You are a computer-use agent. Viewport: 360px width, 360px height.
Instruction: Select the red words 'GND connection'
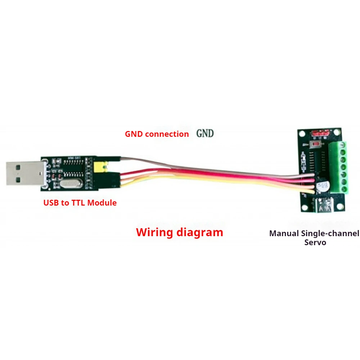pyautogui.click(x=157, y=134)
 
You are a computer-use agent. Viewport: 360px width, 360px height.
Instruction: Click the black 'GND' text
pyautogui.click(x=205, y=134)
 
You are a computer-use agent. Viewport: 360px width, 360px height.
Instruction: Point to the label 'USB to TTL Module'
pyautogui.click(x=80, y=203)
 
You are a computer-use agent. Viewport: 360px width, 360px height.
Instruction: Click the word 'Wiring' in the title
pyautogui.click(x=154, y=232)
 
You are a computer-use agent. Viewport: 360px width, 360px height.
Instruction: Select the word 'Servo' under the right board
pyautogui.click(x=315, y=242)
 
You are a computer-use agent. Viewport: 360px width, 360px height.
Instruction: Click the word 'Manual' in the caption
pyautogui.click(x=284, y=234)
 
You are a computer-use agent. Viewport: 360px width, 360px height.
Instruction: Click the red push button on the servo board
pyautogui.click(x=316, y=145)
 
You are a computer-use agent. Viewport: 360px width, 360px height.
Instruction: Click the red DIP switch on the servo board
pyautogui.click(x=320, y=133)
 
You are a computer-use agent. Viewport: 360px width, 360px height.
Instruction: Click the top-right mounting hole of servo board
pyautogui.click(x=338, y=132)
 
